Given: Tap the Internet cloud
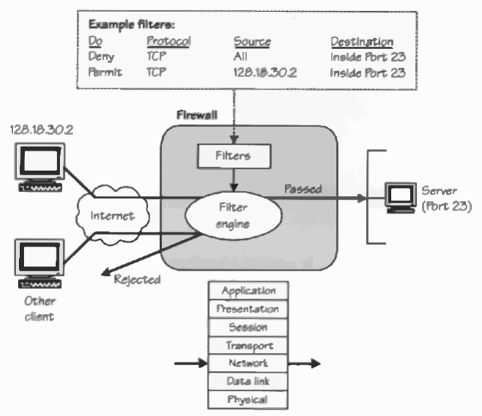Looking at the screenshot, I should click(x=112, y=216).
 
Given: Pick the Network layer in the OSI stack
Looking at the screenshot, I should click(x=248, y=363).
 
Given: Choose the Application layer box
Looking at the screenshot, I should click(x=248, y=291).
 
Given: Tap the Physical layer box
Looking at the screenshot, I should click(x=248, y=400).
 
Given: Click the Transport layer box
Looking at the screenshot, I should click(x=248, y=345).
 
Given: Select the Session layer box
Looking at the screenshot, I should click(x=248, y=327).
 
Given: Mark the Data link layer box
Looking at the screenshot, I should click(x=248, y=382).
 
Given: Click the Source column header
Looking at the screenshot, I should click(x=252, y=42).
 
